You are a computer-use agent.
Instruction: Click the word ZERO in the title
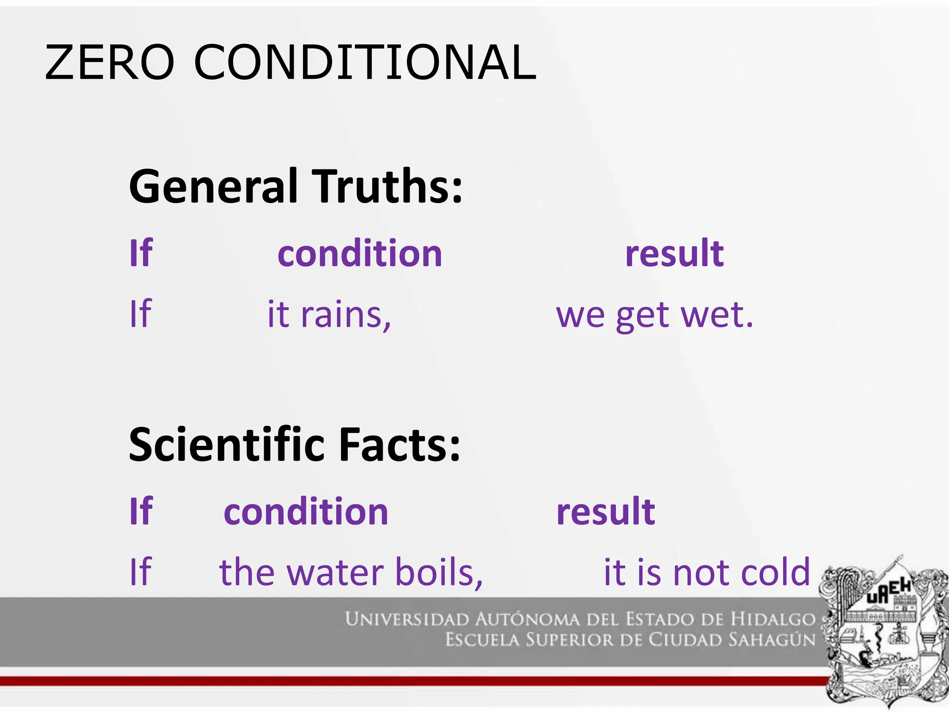point(109,63)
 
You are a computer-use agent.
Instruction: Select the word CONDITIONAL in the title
point(365,63)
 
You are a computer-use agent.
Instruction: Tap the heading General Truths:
point(296,186)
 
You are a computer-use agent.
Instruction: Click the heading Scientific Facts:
point(295,445)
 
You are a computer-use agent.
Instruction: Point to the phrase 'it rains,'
point(329,315)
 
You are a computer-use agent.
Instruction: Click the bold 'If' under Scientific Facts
point(141,512)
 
